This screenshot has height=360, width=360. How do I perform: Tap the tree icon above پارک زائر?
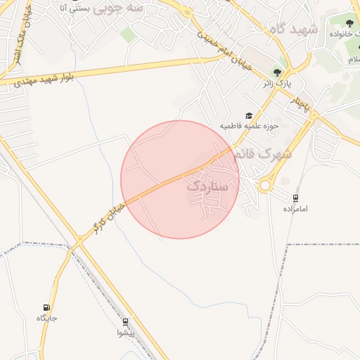pyautogui.click(x=278, y=72)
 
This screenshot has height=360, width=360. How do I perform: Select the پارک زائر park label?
pyautogui.click(x=277, y=84)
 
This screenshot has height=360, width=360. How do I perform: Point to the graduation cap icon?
pyautogui.click(x=249, y=115)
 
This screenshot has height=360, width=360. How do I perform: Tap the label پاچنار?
pyautogui.click(x=302, y=103)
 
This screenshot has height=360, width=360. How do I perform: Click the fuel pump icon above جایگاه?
pyautogui.click(x=47, y=308)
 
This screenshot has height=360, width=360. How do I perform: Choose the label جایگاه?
pyautogui.click(x=47, y=319)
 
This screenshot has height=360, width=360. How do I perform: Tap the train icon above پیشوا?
pyautogui.click(x=126, y=321)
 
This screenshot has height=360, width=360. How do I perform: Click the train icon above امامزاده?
pyautogui.click(x=295, y=199)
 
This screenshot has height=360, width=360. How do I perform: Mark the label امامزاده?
pyautogui.click(x=297, y=210)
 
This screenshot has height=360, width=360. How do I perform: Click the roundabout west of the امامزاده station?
pyautogui.click(x=266, y=185)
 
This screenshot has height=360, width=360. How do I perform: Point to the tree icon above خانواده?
pyautogui.click(x=349, y=24)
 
